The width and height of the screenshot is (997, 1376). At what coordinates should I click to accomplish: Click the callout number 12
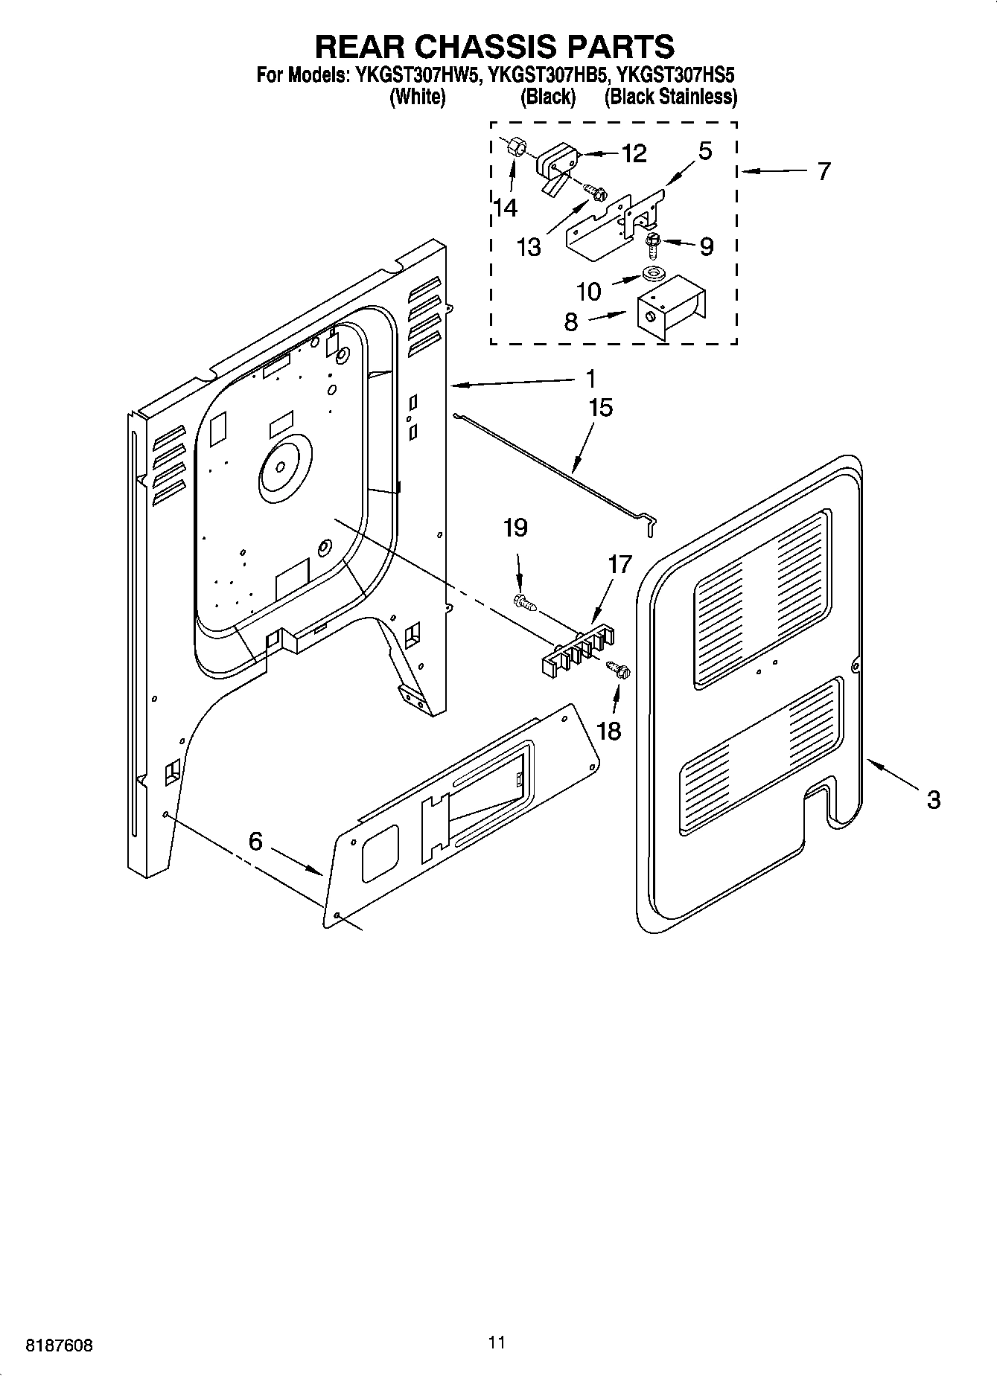click(634, 153)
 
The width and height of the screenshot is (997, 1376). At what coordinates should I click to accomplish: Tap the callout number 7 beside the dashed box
click(823, 171)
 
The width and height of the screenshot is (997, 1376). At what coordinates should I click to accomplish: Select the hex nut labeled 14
click(513, 147)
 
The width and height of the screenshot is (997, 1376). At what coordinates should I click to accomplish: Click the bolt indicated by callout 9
click(653, 241)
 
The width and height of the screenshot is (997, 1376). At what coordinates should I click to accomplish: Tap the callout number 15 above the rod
click(600, 408)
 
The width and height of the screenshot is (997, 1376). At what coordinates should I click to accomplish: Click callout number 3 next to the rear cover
click(933, 800)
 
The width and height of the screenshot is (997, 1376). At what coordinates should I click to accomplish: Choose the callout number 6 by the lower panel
click(255, 841)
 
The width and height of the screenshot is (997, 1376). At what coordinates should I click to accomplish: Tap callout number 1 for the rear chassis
click(590, 380)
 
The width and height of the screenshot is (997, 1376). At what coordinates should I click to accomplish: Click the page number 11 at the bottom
click(497, 1342)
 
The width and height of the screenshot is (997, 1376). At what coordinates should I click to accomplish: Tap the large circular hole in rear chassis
click(280, 466)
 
